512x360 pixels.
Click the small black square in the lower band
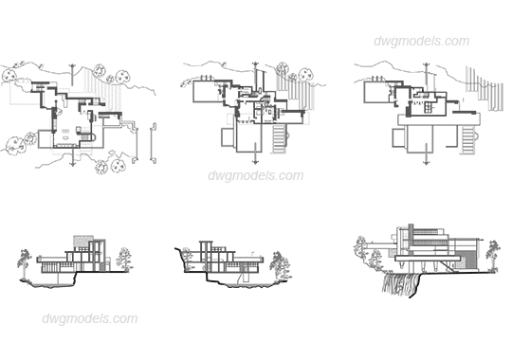tap(484, 262)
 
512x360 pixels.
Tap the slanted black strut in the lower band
tap(178, 256)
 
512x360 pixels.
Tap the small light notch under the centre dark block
tap(256, 152)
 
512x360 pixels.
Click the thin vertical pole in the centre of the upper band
tap(254, 114)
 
